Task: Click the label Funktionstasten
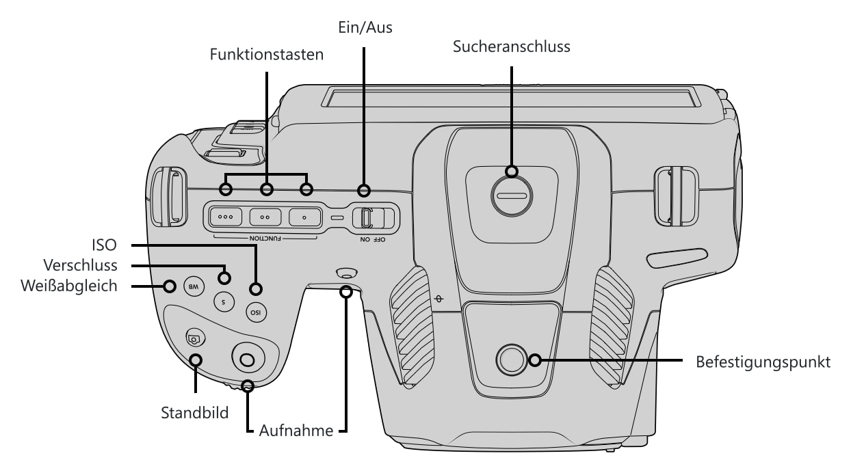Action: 266,54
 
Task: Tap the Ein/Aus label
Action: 365,27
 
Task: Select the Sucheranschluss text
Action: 512,46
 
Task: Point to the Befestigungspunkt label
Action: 763,362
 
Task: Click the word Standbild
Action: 194,413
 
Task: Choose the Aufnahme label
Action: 296,431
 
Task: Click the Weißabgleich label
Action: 69,286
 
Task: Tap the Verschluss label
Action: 80,265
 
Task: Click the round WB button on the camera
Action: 194,286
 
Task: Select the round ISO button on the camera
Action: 256,312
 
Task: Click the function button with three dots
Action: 225,217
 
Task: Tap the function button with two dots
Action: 265,217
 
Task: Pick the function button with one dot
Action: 304,217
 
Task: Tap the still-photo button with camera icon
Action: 196,338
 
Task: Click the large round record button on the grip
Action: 248,359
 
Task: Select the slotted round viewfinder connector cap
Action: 512,196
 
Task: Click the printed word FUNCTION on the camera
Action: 265,239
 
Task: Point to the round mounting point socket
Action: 512,360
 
